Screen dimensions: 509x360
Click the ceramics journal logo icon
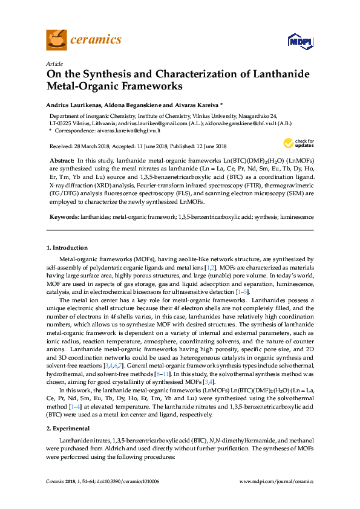click(x=56, y=40)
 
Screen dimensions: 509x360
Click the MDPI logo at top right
click(x=295, y=42)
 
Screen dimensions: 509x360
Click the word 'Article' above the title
click(x=54, y=63)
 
